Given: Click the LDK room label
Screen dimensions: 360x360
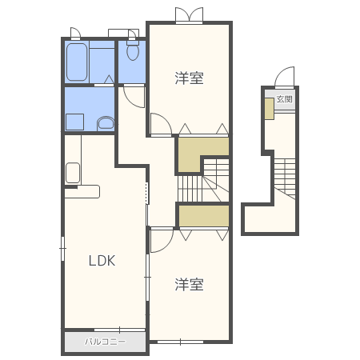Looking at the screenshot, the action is pos(102,261).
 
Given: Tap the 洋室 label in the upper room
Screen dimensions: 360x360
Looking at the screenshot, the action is pos(190,78).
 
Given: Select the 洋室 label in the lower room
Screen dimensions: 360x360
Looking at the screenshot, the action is pos(190,284).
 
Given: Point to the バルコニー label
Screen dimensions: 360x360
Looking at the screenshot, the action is pos(105,342).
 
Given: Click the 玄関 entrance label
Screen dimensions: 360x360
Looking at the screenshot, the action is pos(285,99).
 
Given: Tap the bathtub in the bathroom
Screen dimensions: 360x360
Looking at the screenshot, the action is pos(77,62).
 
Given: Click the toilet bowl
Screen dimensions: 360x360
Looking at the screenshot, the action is pos(133,50).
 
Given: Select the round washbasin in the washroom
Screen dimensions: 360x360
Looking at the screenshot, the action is pos(106,123).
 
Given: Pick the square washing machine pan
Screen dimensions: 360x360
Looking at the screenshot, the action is pos(75,122).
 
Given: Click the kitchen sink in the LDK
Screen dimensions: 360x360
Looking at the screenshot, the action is pos(73,173).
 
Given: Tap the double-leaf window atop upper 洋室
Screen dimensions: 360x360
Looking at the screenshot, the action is pos(190,15).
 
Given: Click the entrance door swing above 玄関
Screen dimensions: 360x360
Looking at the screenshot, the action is pos(285,78).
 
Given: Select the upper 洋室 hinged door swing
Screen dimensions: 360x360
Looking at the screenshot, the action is pos(161,124).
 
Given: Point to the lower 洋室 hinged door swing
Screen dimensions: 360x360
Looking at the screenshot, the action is pos(162,241).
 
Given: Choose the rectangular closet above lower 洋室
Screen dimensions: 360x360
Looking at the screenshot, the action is pos(204,216).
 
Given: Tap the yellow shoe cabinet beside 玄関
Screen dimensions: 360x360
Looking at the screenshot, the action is pos(270,109).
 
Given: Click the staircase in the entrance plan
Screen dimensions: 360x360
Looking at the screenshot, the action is pos(285,178).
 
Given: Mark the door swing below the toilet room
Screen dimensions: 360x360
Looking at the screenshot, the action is pos(134,97).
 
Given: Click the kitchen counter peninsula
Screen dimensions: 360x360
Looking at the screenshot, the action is pos(82,191).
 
